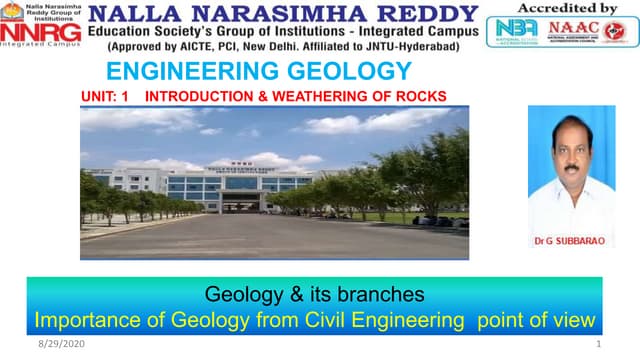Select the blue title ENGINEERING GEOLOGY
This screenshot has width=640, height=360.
coord(258,71)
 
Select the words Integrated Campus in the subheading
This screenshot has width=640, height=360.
coord(393,32)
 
